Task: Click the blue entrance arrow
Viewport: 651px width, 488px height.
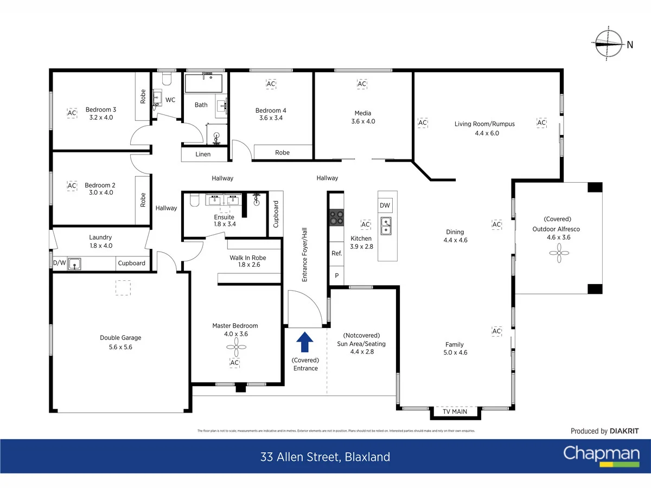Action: coord(305,343)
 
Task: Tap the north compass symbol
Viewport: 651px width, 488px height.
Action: coord(608,44)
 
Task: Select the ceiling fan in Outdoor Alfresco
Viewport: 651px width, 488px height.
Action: coord(559,252)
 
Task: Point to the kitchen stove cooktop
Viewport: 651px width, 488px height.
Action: coord(336,217)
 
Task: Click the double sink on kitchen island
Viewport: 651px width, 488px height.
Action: coord(387,226)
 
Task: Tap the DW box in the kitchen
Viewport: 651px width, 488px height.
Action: coord(385,206)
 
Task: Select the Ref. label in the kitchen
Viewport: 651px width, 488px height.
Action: coord(336,253)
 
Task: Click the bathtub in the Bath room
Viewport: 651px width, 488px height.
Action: coord(200,84)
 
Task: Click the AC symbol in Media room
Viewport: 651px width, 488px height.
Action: coord(362,84)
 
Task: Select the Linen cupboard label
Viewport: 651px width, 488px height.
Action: coord(203,155)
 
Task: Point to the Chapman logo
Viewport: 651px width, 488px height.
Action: coord(601,454)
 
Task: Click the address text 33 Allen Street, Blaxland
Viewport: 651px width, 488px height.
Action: coord(325,457)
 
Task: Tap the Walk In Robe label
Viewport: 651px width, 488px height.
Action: coord(248,261)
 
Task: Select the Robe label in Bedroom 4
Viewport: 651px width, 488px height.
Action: coord(282,153)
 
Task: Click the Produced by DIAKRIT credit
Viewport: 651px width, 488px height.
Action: coord(604,431)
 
